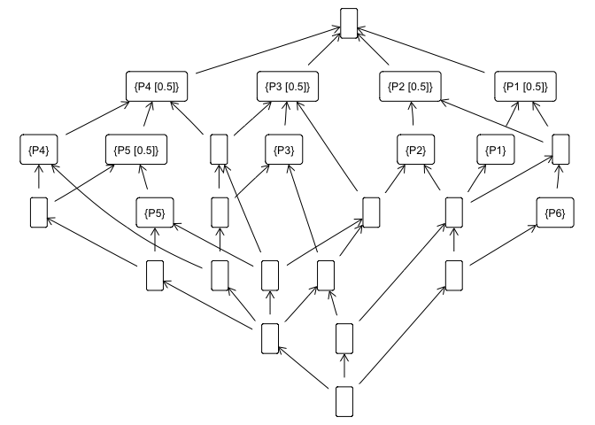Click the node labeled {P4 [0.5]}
click(156, 87)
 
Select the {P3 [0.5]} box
click(287, 87)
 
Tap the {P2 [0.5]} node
click(410, 87)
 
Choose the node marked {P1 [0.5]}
click(525, 87)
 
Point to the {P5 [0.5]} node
click(136, 150)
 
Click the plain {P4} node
click(38, 150)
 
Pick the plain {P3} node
click(284, 150)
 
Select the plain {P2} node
click(414, 150)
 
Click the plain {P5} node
click(155, 212)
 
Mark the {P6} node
click(556, 212)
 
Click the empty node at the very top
click(348, 23)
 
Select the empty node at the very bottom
click(344, 400)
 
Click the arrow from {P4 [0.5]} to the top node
click(266, 55)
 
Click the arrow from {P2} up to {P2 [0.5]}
click(412, 119)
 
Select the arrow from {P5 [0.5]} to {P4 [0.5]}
click(146, 119)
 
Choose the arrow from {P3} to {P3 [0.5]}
click(285, 119)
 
